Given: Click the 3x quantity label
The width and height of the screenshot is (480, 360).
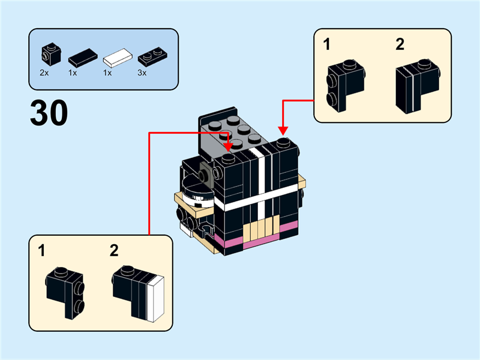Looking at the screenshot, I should tap(142, 73).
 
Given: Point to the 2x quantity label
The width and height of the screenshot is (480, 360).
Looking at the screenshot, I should tap(44, 73).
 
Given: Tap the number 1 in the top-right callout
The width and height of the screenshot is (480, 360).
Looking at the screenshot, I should tap(327, 44).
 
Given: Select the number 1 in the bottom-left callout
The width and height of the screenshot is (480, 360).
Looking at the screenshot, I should tap(41, 251).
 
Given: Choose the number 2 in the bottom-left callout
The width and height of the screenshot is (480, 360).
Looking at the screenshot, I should tap(114, 251).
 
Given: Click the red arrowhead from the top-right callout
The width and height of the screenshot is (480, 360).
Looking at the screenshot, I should tap(283, 131).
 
